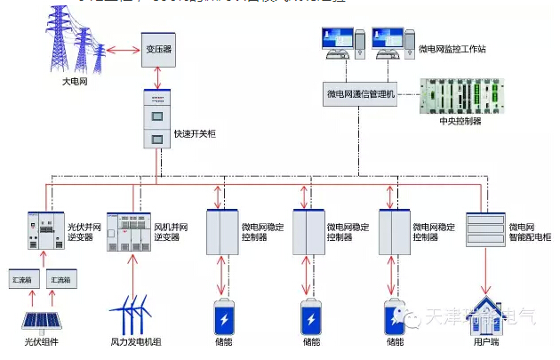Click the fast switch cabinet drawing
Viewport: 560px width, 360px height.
coord(156,118)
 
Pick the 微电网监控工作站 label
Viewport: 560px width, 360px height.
coord(452,49)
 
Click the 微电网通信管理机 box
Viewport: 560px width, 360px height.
coord(359,92)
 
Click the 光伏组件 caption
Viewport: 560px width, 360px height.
coord(42,341)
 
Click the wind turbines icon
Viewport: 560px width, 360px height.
coord(135,315)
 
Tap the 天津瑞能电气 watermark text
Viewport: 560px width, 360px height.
coord(480,316)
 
